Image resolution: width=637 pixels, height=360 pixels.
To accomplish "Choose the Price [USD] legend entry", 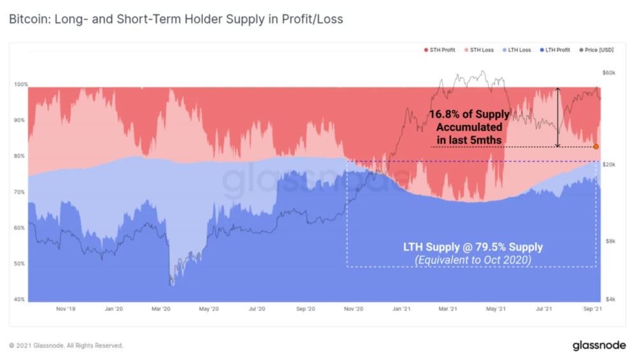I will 598,50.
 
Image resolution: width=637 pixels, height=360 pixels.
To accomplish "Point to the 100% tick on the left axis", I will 21,85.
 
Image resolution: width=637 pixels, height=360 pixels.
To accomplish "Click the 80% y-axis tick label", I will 21,156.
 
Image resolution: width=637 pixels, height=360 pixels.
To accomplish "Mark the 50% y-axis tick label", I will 21,264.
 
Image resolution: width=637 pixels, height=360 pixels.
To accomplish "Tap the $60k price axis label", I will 610,73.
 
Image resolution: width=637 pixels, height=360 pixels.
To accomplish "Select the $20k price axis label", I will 610,164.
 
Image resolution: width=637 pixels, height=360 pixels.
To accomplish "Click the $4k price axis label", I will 610,299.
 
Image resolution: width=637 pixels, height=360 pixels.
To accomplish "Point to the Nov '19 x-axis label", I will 66,309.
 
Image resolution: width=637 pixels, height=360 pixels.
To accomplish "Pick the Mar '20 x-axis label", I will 161,309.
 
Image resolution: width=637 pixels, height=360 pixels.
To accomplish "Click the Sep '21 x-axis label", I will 593,309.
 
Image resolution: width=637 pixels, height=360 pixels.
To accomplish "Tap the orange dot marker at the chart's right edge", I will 596,147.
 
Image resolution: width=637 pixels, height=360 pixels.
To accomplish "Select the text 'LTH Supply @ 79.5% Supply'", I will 473,247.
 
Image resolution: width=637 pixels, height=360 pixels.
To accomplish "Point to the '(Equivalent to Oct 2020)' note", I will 473,259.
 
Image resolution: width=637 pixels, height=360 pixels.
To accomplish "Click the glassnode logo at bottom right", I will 598,345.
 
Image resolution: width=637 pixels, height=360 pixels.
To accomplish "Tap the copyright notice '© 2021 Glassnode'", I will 66,345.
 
